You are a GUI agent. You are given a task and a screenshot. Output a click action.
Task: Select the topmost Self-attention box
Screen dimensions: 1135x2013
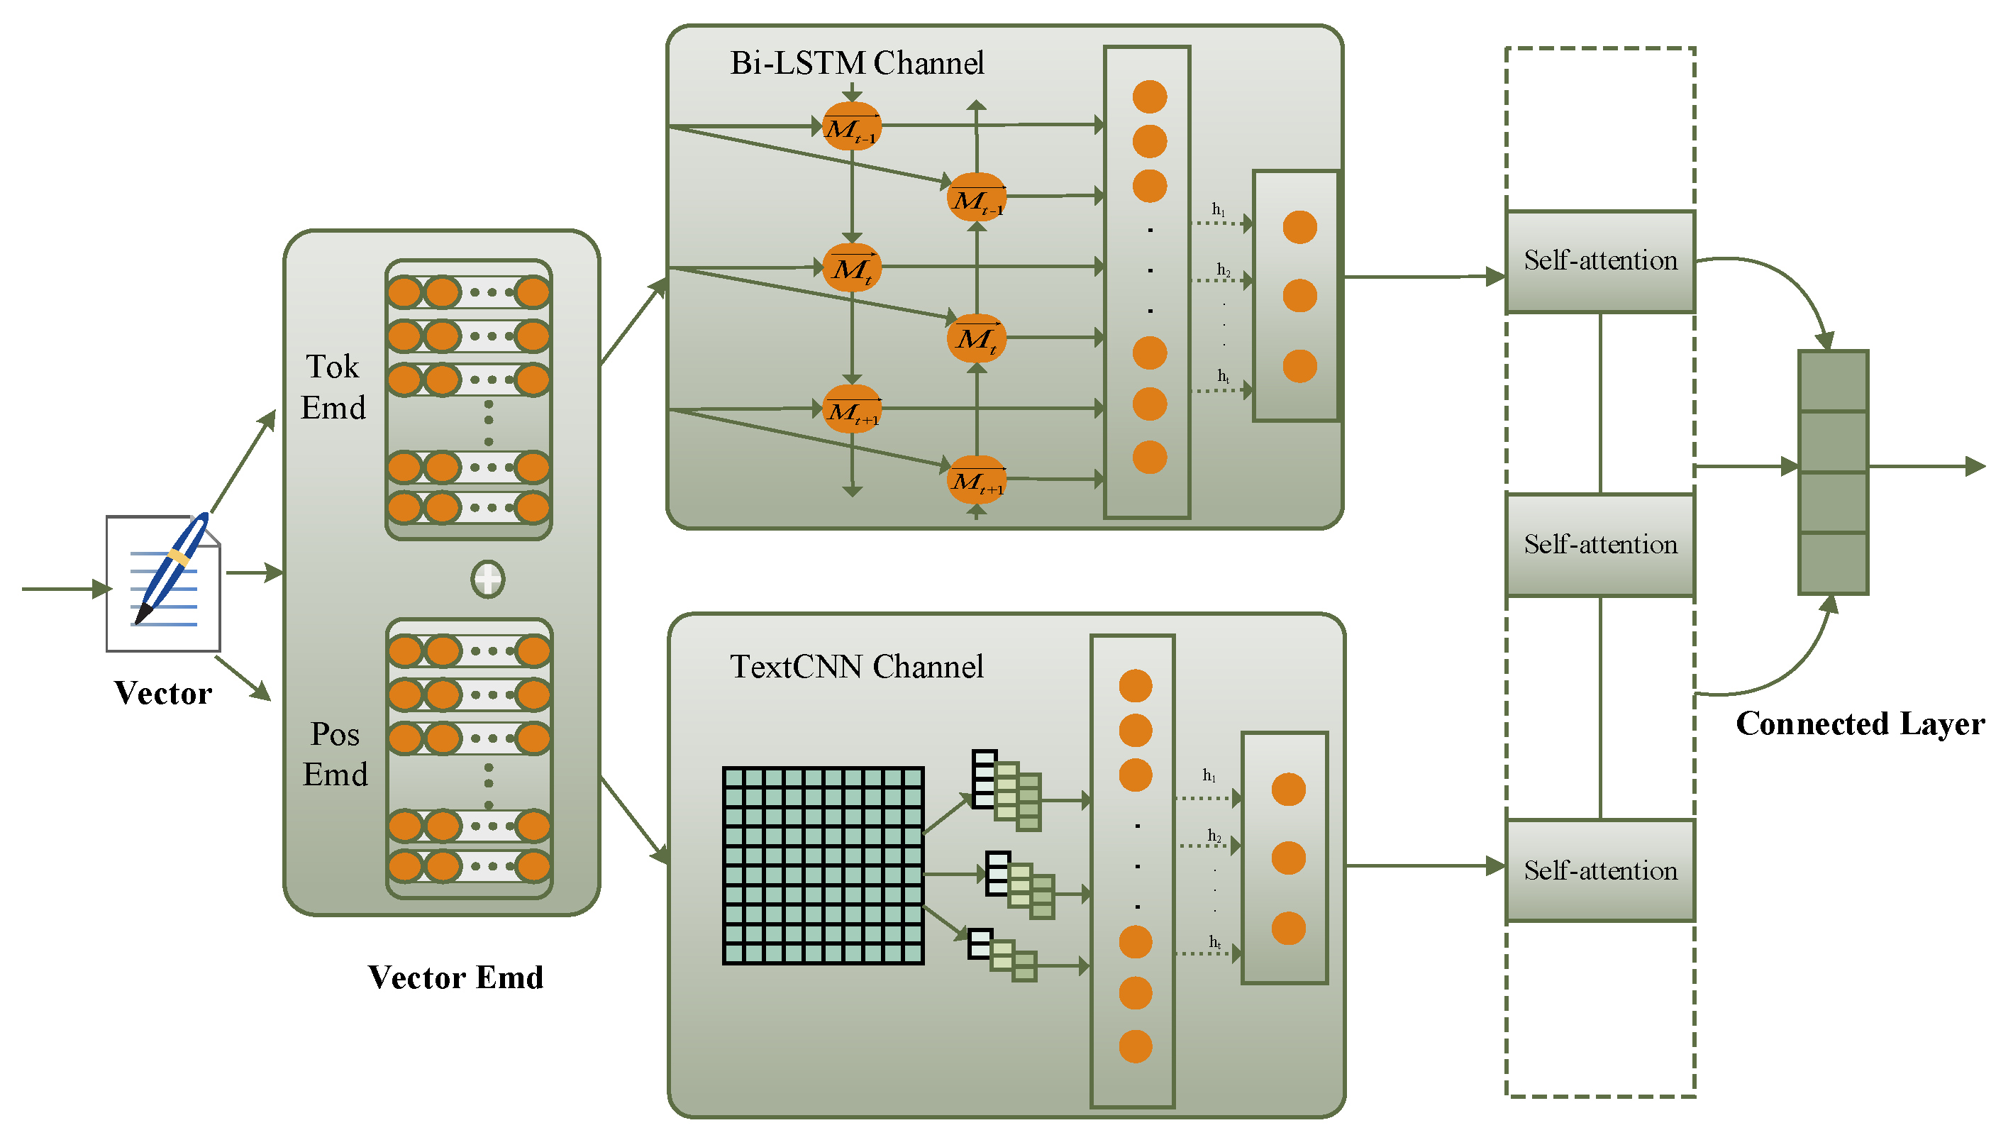(x=1600, y=261)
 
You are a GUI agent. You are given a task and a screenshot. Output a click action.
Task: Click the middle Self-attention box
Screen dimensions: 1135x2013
(x=1600, y=545)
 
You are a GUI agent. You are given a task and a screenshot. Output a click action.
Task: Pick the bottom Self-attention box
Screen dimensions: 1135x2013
(x=1600, y=871)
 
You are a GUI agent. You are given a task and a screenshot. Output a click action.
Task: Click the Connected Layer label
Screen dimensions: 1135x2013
(x=1860, y=724)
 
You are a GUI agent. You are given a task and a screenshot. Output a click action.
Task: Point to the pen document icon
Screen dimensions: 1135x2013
(x=163, y=582)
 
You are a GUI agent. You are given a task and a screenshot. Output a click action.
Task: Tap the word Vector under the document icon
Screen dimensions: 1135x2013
(x=162, y=693)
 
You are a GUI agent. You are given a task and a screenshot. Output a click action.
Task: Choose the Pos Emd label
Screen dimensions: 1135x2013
(x=335, y=755)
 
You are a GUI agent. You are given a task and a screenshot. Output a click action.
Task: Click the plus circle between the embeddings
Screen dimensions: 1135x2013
(x=487, y=580)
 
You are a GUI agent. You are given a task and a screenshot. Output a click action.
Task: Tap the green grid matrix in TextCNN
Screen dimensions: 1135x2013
(x=823, y=866)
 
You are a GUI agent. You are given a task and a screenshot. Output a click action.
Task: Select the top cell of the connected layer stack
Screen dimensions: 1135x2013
(x=1834, y=381)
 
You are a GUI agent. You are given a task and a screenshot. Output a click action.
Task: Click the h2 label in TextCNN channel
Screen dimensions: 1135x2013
(x=1214, y=836)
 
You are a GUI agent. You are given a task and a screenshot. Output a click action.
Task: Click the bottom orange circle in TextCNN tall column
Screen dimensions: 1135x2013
(x=1135, y=1046)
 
